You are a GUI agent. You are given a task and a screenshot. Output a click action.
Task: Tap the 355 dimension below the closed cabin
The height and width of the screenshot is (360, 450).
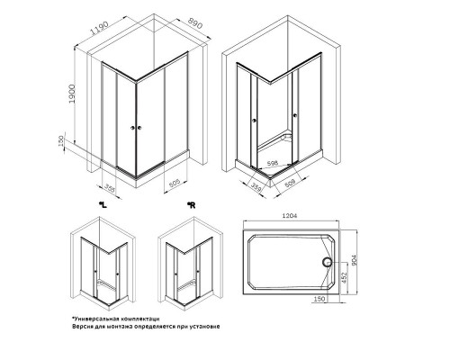110,188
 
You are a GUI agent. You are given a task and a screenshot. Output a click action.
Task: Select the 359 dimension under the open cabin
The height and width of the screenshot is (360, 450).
256,187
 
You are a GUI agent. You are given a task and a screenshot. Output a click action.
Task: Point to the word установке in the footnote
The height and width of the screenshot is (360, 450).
201,327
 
